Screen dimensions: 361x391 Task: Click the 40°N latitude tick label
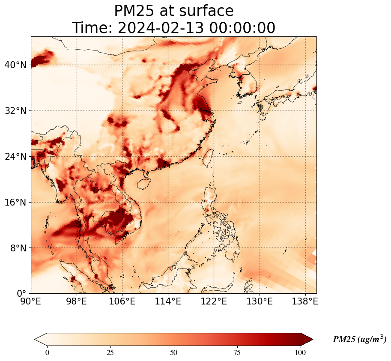pyautogui.click(x=15, y=65)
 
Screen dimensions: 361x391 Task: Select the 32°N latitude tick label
pyautogui.click(x=15, y=111)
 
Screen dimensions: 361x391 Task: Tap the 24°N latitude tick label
pyautogui.click(x=15, y=156)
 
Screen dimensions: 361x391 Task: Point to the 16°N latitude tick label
pyautogui.click(x=15, y=202)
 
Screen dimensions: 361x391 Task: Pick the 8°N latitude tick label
pyautogui.click(x=18, y=248)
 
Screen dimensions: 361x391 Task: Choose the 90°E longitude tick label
pyautogui.click(x=31, y=302)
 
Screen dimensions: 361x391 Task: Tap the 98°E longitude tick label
pyautogui.click(x=77, y=302)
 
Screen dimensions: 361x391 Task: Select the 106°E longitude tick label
pyautogui.click(x=122, y=302)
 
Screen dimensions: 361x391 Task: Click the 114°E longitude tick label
pyautogui.click(x=168, y=302)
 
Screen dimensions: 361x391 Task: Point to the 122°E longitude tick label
pyautogui.click(x=214, y=302)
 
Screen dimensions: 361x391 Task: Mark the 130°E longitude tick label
pyautogui.click(x=260, y=302)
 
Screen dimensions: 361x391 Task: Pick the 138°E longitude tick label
pyautogui.click(x=305, y=302)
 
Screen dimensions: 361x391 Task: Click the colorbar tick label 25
pyautogui.click(x=110, y=352)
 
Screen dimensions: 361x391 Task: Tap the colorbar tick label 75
pyautogui.click(x=237, y=352)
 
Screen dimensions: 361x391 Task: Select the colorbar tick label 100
pyautogui.click(x=300, y=352)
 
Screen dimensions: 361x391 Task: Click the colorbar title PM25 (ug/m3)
pyautogui.click(x=359, y=339)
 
